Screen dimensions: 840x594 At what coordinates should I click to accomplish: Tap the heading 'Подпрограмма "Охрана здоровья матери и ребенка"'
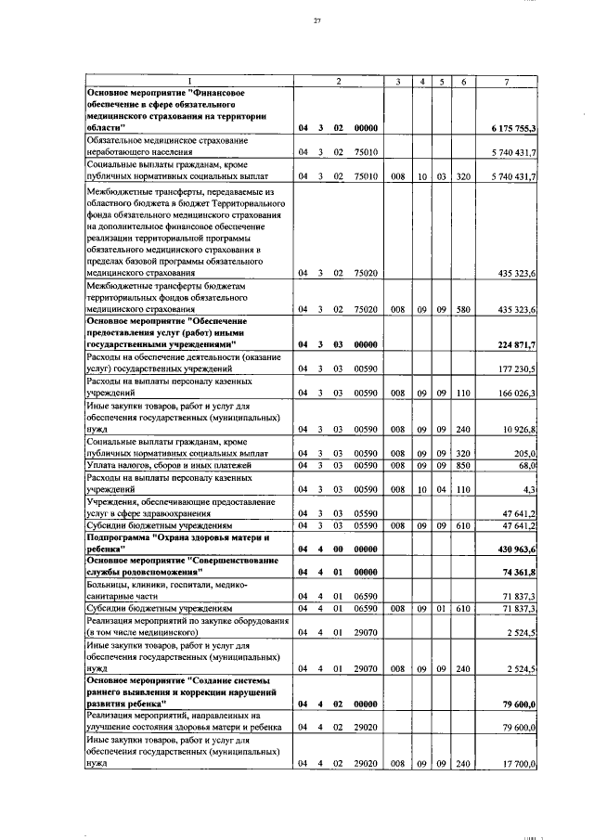coord(165,543)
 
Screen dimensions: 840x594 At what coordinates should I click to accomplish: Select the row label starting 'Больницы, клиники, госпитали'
coord(165,590)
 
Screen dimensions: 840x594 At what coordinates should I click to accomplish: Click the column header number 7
coord(507,82)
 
